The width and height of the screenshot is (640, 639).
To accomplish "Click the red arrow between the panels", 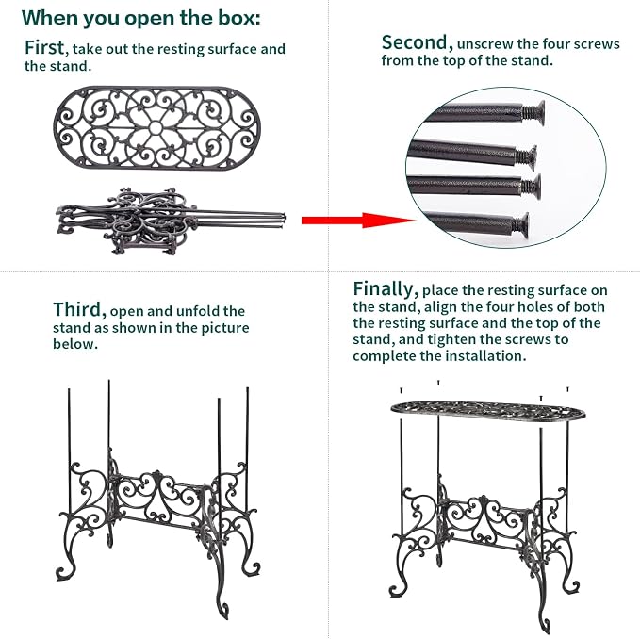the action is [358, 221].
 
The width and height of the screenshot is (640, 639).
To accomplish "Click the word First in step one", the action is [44, 48].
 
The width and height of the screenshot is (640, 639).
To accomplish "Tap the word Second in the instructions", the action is [418, 43].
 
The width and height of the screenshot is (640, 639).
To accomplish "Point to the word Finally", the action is [386, 289].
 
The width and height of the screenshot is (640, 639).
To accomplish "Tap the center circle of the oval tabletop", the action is [156, 128].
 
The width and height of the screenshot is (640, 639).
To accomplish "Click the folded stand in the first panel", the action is [171, 221].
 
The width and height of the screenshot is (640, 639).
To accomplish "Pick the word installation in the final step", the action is [484, 356].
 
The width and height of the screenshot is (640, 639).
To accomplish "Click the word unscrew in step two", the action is [484, 44].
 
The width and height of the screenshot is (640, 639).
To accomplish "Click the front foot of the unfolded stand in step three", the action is [222, 611].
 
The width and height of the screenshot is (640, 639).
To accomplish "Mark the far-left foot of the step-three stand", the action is [64, 573].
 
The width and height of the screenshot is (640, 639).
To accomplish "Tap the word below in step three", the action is [75, 344].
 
